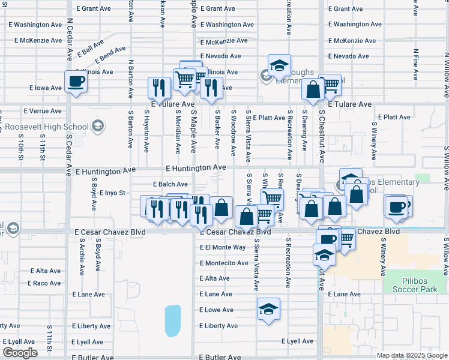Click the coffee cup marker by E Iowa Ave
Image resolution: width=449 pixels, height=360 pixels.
tap(76, 82)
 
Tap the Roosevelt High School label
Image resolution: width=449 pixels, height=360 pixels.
tap(47, 127)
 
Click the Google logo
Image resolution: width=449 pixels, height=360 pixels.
tap(20, 353)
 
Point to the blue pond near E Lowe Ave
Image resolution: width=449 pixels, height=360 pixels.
tap(173, 320)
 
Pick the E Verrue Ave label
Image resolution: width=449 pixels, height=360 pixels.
tap(43, 111)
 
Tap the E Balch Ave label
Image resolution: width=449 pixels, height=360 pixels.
tap(170, 184)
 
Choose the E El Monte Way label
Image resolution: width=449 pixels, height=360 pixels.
tap(223, 247)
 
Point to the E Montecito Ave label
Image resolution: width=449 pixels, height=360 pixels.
tap(224, 263)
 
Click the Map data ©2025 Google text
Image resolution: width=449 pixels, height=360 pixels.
tap(412, 355)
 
